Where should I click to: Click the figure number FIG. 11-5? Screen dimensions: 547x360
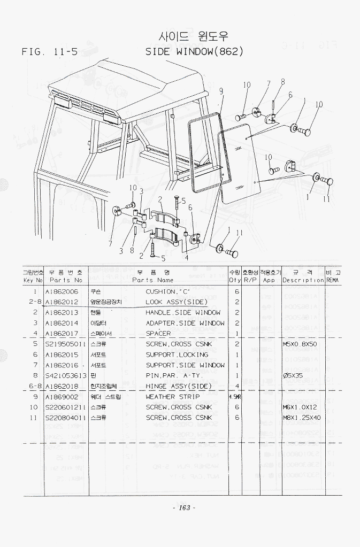coord(50,52)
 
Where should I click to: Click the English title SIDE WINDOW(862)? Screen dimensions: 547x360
coord(195,52)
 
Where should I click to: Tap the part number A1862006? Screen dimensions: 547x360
coord(62,292)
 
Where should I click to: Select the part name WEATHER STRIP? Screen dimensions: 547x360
coord(173,397)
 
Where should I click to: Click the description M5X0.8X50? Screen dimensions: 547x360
coord(300,344)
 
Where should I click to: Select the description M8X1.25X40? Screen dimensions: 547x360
coord(302,418)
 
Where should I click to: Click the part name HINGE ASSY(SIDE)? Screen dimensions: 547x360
coord(179,386)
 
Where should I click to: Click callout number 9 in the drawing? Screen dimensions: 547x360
coord(221,91)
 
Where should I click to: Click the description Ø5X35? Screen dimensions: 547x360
coord(293,376)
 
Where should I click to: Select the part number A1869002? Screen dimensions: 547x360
coord(62,397)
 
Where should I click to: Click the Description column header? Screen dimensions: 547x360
coord(303,280)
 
